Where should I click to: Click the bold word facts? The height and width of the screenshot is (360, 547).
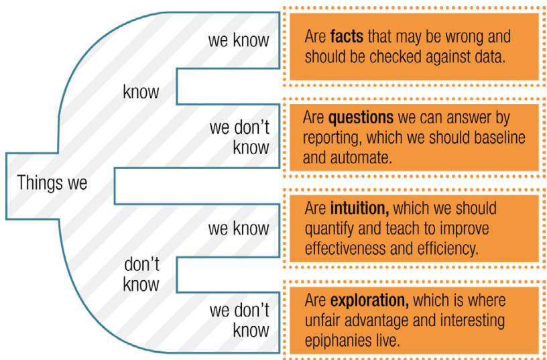[347, 36]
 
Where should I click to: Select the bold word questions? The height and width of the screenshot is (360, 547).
[361, 117]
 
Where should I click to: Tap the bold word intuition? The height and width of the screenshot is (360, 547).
[360, 208]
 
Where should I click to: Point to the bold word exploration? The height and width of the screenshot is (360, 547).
[369, 300]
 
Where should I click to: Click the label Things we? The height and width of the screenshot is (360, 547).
[52, 183]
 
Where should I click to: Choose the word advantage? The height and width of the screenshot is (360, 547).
[379, 321]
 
